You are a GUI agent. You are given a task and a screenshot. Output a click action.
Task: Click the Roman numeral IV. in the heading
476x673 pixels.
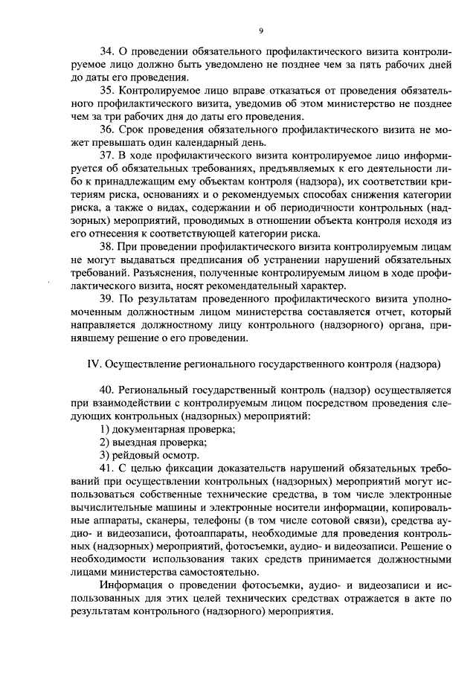click(x=94, y=364)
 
